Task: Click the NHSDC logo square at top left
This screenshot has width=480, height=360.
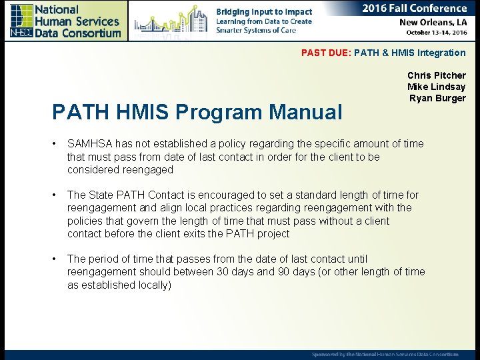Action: [x=21, y=20]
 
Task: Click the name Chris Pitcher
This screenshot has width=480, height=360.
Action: [x=436, y=75]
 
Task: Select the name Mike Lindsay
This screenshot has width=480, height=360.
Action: [x=436, y=87]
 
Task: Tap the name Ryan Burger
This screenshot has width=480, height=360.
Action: [x=437, y=98]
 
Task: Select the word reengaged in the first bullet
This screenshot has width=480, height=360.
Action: [x=147, y=169]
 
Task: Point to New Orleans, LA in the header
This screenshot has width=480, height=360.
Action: [x=432, y=22]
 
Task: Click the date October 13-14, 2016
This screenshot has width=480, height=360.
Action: [x=433, y=32]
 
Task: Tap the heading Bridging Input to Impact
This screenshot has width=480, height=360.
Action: [x=264, y=12]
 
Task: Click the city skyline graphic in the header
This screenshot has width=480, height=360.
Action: [x=170, y=21]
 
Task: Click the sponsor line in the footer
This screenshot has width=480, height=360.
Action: [x=385, y=354]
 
